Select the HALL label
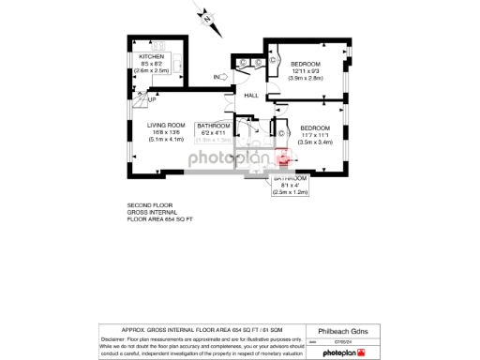pos(251,95)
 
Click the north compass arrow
pos(208,16)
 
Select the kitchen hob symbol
pos(157,45)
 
